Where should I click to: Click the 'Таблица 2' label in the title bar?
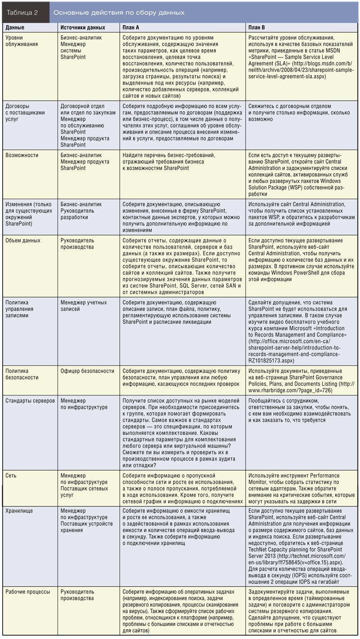point(22,13)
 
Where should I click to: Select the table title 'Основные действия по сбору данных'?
point(119,13)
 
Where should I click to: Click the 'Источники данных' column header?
point(83,28)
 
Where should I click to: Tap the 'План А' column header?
point(131,28)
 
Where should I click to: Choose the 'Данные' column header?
point(14,28)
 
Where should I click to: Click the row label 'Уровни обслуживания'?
point(22,41)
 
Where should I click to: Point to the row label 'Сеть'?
point(11,475)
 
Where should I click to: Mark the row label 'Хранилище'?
point(19,511)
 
